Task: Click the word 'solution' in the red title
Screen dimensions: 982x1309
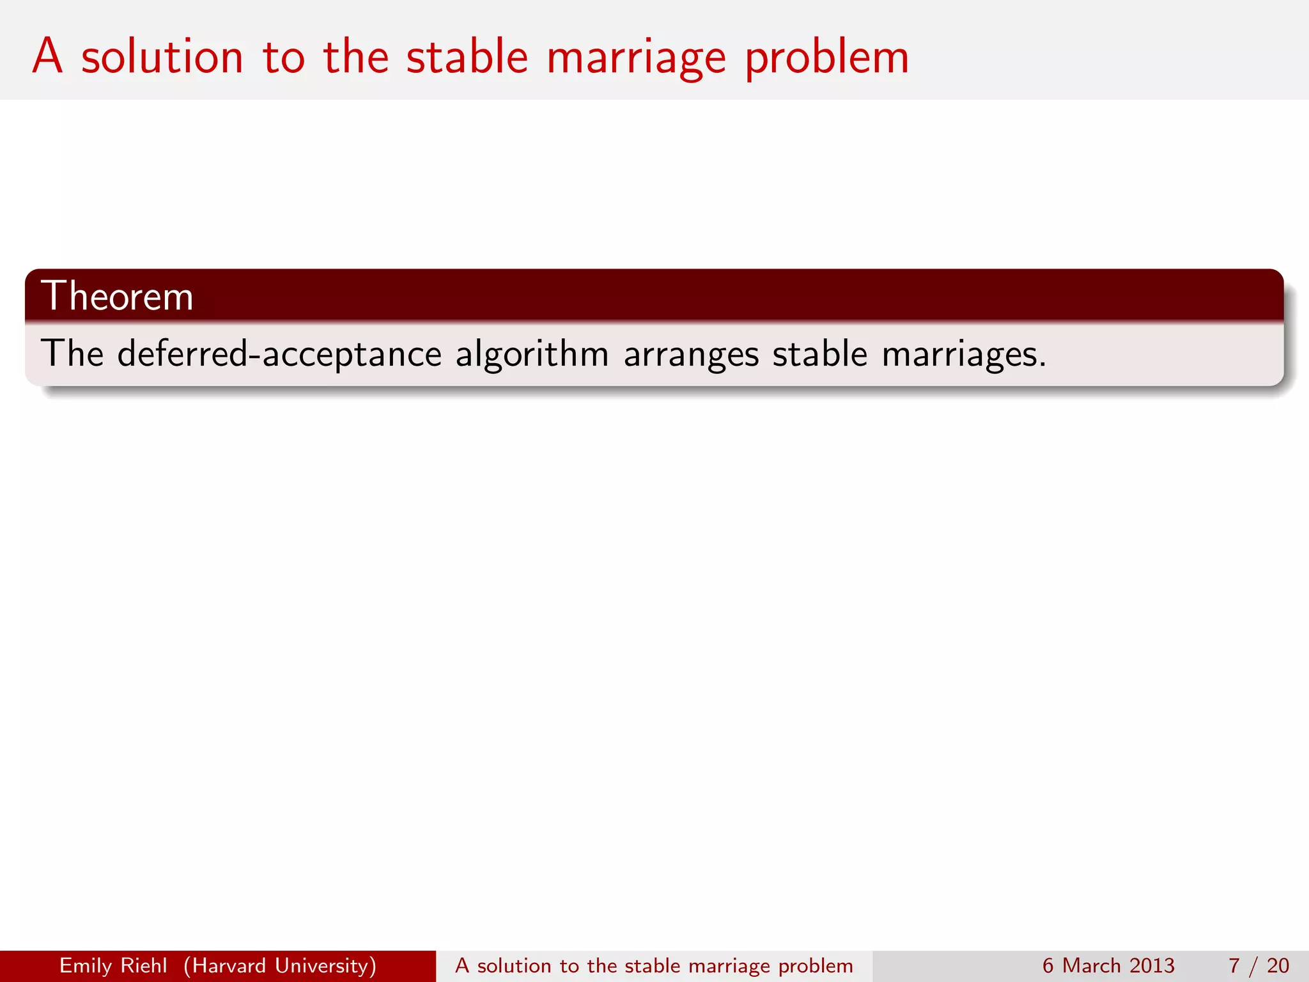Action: coord(162,58)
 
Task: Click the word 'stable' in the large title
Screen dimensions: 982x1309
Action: coord(467,58)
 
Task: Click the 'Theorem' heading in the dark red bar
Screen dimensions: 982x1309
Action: coord(117,296)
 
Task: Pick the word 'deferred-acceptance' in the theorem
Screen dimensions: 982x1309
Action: coord(279,354)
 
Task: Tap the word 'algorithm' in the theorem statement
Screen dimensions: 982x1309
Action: coord(532,355)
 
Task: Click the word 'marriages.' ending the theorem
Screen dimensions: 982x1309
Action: coord(964,355)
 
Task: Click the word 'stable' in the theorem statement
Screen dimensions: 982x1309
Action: coord(820,354)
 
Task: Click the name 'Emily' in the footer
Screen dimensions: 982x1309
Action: coord(86,966)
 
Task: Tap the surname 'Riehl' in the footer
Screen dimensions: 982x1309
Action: coord(148,965)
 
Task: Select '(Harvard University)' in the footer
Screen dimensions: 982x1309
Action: coord(280,966)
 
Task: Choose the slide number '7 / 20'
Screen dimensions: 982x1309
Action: coord(1258,965)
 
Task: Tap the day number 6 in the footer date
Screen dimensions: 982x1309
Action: coord(1048,965)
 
